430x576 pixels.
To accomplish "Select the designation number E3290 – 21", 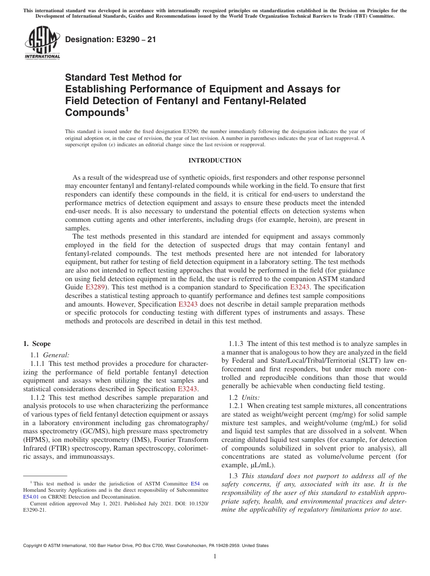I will coord(110,40).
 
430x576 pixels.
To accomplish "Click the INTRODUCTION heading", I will coord(215,161).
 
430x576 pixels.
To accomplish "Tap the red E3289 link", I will coord(95,287).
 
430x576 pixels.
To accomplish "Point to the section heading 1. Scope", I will coord(37,344).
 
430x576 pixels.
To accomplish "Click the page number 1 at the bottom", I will coord(215,557).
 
